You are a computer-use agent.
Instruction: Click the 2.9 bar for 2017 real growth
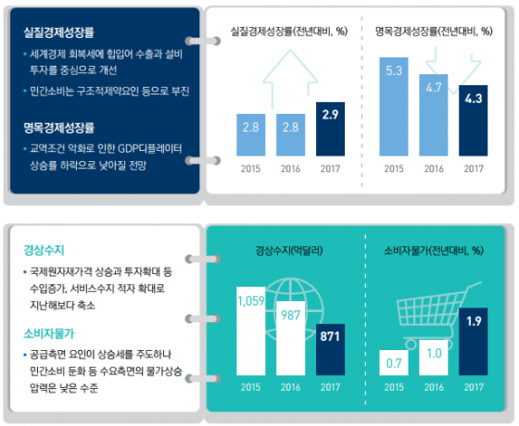tap(330, 129)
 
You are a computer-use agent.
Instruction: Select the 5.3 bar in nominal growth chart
tap(394, 106)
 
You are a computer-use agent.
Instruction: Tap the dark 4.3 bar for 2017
tap(473, 120)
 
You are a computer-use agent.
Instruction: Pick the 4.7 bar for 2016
tap(434, 115)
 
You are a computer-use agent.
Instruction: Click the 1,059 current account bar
tap(251, 332)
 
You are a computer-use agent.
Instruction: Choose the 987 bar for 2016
tap(291, 338)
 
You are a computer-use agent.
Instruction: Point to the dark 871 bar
tap(330, 350)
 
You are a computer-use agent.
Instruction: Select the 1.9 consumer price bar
tap(473, 342)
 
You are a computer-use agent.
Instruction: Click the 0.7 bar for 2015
tap(394, 362)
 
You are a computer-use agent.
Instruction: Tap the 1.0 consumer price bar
tap(434, 357)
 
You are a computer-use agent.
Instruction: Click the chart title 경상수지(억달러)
tap(289, 250)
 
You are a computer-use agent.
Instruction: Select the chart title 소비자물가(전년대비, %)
tap(434, 250)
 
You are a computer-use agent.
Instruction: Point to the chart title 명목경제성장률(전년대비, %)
tap(434, 31)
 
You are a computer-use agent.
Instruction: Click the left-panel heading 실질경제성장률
tap(59, 32)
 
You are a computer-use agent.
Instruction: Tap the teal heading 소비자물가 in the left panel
tap(49, 333)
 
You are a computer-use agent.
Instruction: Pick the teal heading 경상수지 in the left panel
tap(44, 250)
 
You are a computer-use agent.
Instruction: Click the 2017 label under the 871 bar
tap(330, 387)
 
